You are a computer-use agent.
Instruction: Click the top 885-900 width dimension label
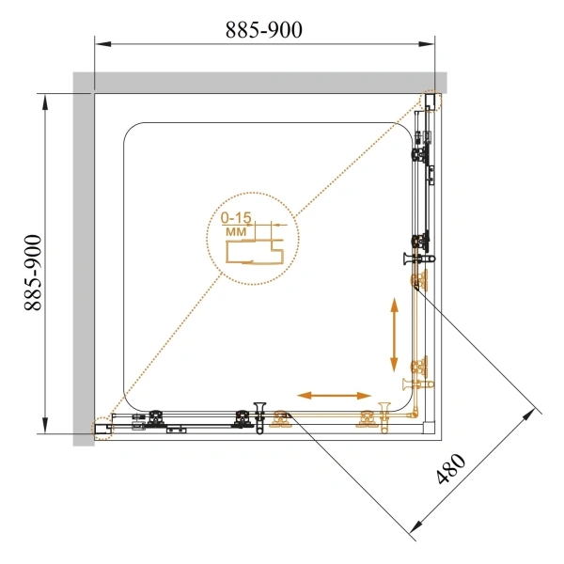click(264, 30)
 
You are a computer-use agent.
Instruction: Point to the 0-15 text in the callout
click(236, 217)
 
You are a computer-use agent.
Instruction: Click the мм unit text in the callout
click(236, 230)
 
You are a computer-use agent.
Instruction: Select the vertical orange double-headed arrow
click(395, 334)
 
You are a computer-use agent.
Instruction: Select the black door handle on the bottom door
click(259, 415)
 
